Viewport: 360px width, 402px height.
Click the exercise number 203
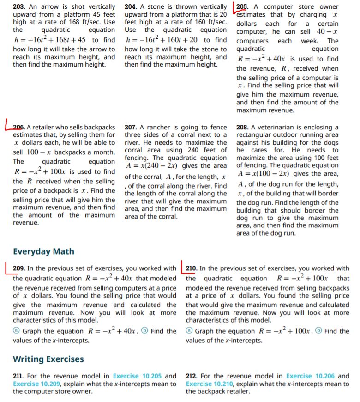coord(19,7)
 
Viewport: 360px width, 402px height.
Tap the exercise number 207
coord(131,127)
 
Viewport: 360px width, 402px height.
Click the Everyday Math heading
coord(43,252)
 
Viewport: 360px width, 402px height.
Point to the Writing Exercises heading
coord(48,359)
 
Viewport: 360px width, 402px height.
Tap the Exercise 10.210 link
coord(213,384)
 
